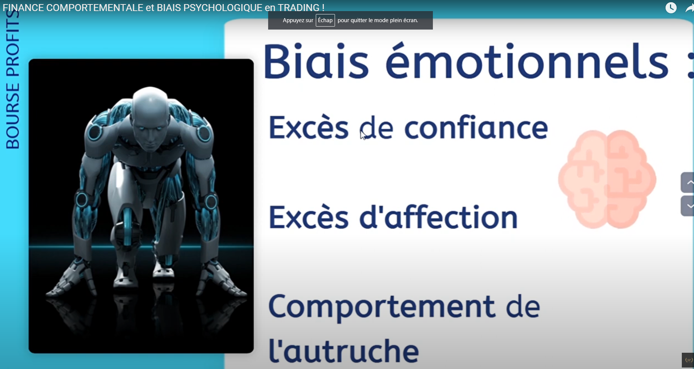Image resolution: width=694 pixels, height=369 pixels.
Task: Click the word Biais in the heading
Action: pos(316,61)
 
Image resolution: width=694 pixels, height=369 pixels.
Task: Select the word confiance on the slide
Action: pos(476,127)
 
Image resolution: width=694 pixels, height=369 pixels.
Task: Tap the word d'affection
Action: pos(438,217)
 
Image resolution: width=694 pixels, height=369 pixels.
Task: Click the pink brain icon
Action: pos(607,179)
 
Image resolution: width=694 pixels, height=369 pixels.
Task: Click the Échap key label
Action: pos(325,20)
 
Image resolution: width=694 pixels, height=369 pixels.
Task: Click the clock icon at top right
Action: pos(671,8)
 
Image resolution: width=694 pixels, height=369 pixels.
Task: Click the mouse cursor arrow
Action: pos(363,135)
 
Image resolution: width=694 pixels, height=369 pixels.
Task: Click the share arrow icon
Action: pos(690,8)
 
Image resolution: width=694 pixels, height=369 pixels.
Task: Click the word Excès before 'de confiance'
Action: pos(308,127)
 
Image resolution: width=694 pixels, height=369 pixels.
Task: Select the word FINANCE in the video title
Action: pos(23,7)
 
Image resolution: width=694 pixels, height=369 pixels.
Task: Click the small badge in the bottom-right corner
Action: pos(688,360)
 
